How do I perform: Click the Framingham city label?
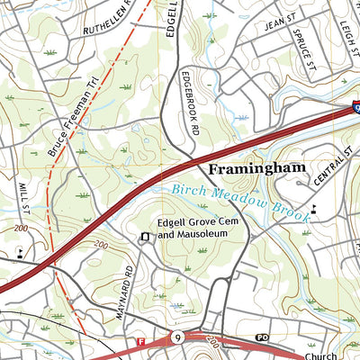(x=257, y=168)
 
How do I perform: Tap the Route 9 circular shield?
(x=177, y=338)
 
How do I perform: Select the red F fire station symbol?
(x=140, y=342)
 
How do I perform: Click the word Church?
(x=320, y=355)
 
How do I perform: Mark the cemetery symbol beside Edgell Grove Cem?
(x=144, y=237)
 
